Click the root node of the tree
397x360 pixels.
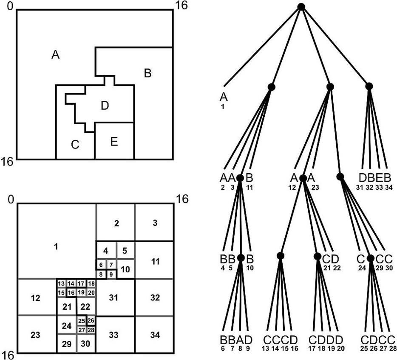coord(301,6)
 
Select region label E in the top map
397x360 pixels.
coord(113,142)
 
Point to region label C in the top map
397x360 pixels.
coord(75,145)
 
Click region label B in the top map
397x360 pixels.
coord(147,73)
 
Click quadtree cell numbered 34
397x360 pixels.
coord(155,335)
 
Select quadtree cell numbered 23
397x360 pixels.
coord(36,335)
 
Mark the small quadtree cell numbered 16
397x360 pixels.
coord(71,292)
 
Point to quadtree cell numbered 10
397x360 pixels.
coord(125,269)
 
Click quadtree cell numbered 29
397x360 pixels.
coord(66,344)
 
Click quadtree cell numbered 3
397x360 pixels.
coord(155,223)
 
